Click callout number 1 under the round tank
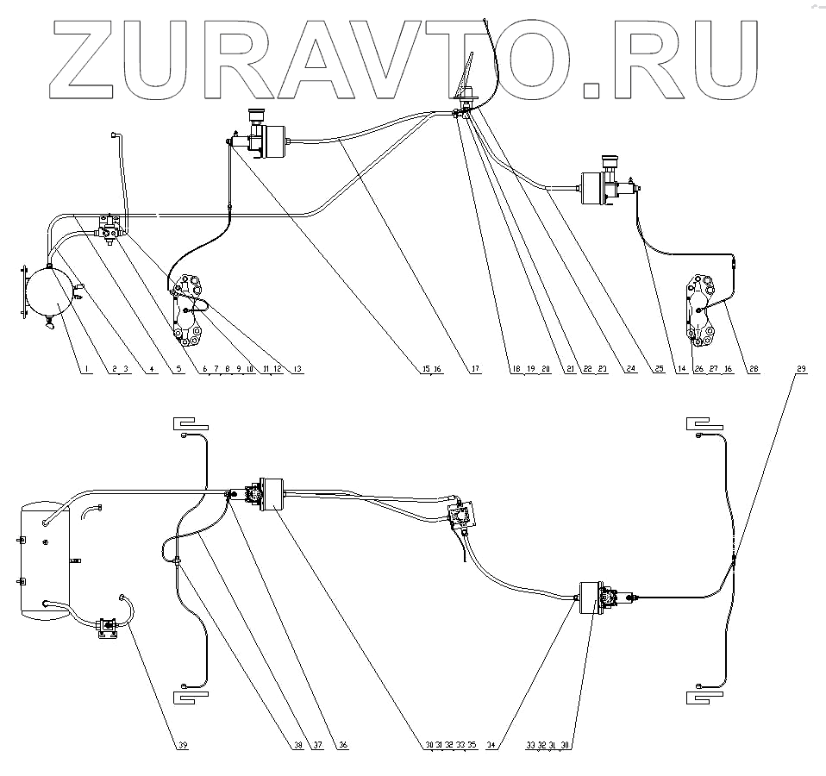pos(86,370)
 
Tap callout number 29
pos(802,370)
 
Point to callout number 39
pos(182,746)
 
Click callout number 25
pos(659,370)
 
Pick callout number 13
pos(298,370)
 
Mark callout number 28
pos(754,370)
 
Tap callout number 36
pos(342,746)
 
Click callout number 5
pos(178,370)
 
